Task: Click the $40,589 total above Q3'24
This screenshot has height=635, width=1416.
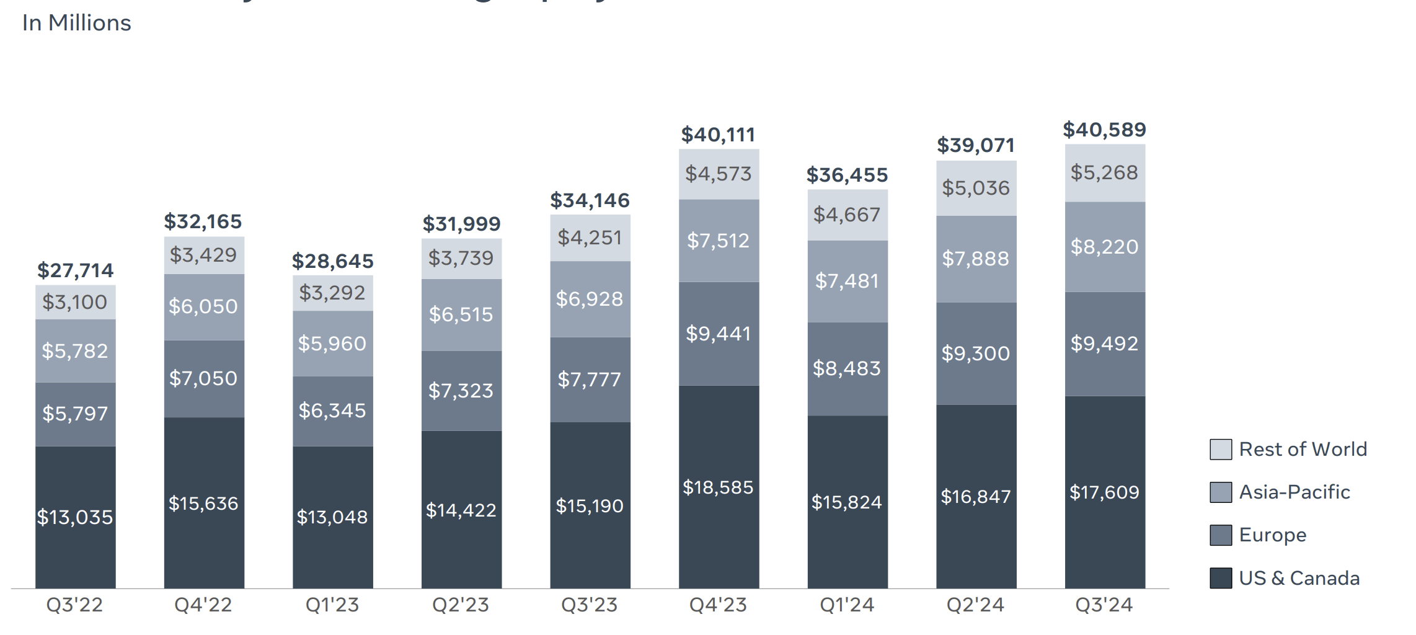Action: tap(1104, 130)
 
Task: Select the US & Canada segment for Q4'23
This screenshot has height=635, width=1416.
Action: tap(718, 487)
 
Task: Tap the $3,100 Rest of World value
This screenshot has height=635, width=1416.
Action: tap(75, 302)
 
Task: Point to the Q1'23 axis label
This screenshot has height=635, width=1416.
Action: tap(332, 605)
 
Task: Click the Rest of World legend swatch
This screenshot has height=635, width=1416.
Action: tap(1220, 449)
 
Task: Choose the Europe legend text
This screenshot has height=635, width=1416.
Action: tap(1272, 535)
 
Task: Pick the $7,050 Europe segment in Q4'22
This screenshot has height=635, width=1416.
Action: tap(203, 378)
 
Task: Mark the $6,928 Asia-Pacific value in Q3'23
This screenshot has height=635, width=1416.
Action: tap(590, 299)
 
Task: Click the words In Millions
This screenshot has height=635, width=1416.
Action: tap(77, 23)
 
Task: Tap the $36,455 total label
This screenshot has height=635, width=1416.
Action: tap(847, 175)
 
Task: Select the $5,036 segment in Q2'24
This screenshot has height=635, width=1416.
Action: tap(976, 188)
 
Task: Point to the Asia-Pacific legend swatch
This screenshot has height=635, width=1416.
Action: tap(1220, 492)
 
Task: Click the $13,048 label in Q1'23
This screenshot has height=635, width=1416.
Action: tap(332, 517)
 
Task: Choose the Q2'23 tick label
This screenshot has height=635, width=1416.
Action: tap(461, 605)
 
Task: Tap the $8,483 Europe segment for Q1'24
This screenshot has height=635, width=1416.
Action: tap(847, 368)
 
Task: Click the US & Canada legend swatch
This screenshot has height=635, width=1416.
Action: tap(1220, 578)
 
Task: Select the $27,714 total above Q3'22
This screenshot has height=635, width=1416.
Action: tap(75, 270)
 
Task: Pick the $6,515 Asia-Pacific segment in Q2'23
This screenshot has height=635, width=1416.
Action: tap(461, 314)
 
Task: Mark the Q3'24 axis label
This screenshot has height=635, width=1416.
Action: tap(1104, 605)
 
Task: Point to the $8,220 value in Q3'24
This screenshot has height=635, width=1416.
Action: tap(1104, 247)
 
